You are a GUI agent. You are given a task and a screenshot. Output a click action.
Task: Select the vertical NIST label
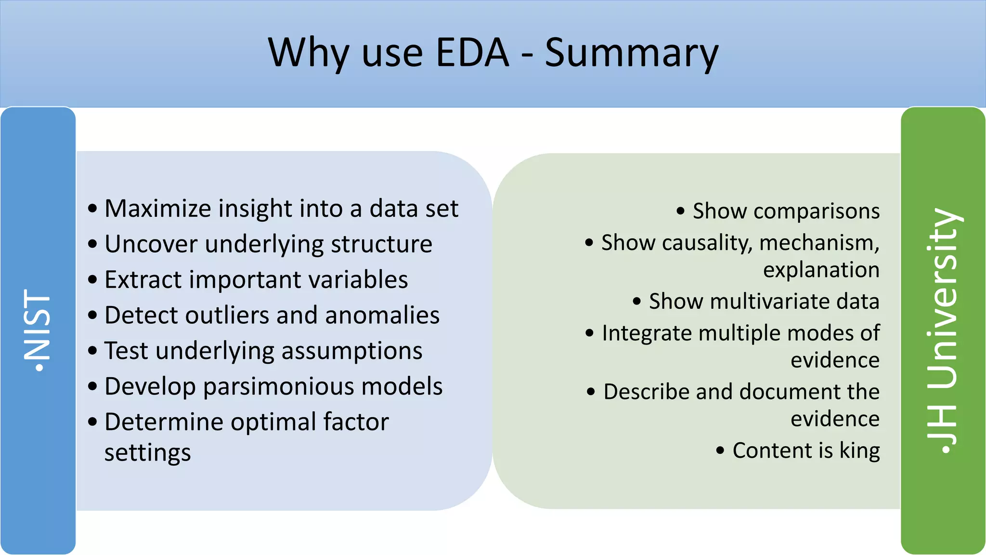click(38, 330)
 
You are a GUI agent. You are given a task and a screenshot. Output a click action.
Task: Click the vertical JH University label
click(943, 330)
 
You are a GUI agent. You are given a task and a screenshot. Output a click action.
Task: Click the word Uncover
click(151, 244)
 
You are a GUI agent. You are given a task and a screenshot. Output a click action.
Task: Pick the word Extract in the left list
click(143, 279)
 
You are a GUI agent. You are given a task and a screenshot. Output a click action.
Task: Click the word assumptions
click(352, 351)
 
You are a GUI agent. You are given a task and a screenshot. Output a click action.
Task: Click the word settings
click(147, 453)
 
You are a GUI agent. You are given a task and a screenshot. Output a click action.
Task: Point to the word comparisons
click(817, 211)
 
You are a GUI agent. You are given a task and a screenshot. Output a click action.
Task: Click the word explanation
click(821, 270)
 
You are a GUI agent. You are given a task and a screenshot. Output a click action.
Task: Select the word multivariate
click(770, 302)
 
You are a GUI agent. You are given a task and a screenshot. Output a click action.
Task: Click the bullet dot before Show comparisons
click(680, 211)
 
